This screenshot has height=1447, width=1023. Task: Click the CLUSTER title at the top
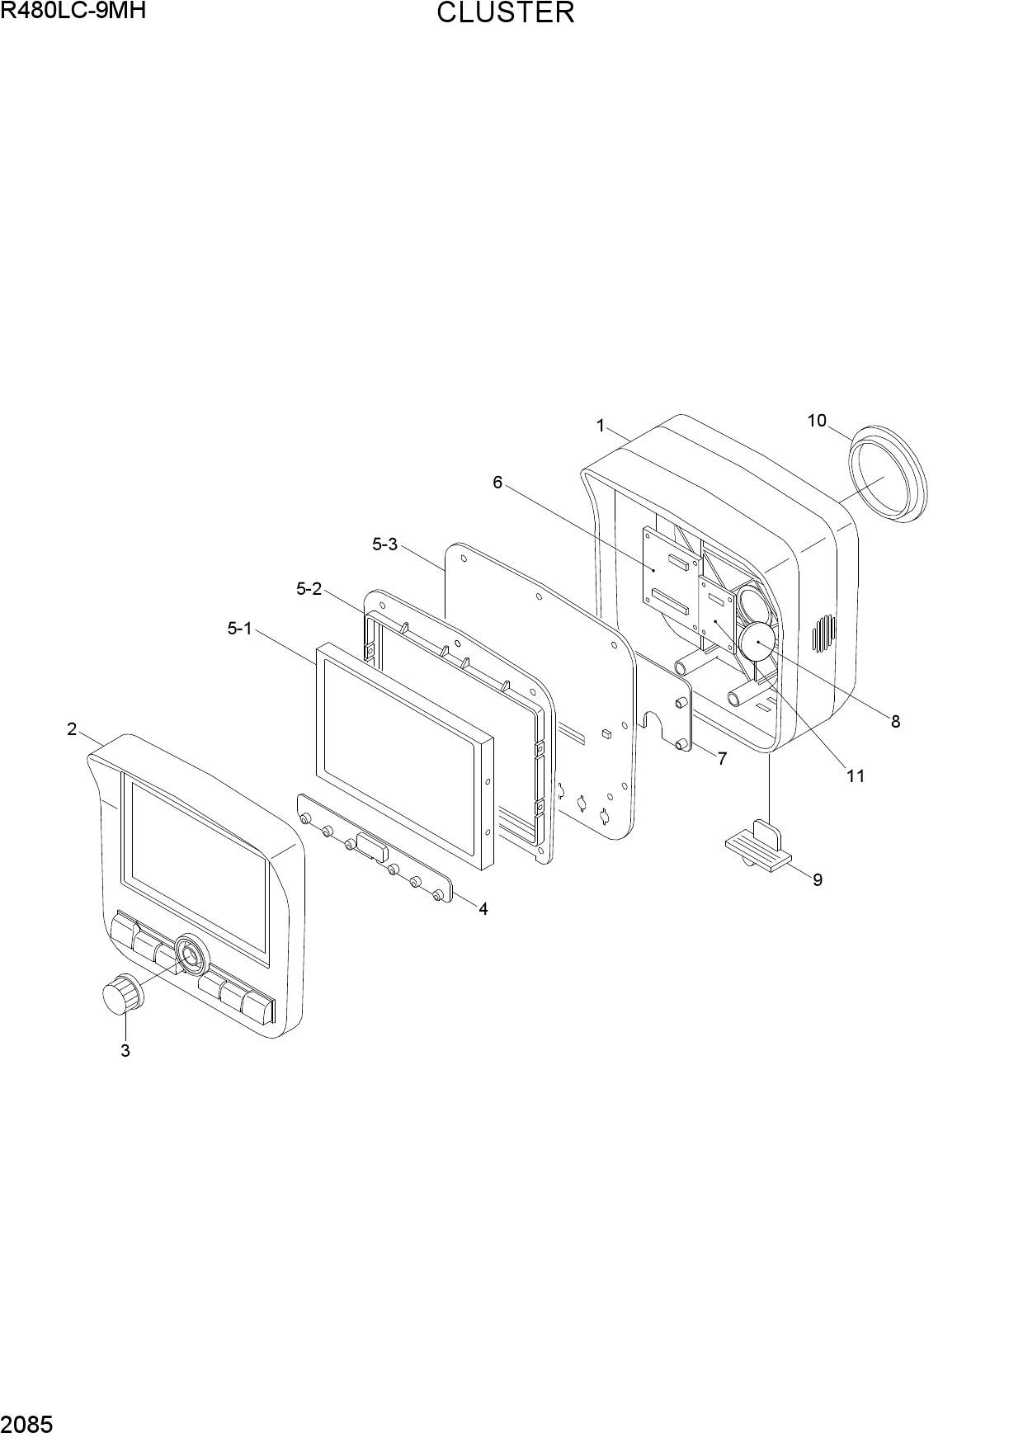coord(505,13)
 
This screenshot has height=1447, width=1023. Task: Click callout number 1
coord(601,426)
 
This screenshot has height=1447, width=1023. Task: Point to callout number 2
coord(72,729)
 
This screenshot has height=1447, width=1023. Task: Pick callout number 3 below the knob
coord(125,1051)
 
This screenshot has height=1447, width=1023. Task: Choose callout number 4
coord(483,909)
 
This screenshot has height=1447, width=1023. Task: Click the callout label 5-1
coord(240,629)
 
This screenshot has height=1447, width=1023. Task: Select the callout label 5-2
coord(309,589)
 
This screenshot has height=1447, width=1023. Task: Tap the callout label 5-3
coord(385,544)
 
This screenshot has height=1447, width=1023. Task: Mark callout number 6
coord(497,482)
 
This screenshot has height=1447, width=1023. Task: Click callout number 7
coord(722,759)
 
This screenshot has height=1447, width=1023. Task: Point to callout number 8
coord(895,722)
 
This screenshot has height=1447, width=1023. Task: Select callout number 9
coord(818,880)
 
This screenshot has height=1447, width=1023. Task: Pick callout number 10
coord(817,421)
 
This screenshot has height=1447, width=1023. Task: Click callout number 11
coord(856,775)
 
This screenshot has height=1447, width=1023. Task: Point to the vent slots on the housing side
coord(823,633)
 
